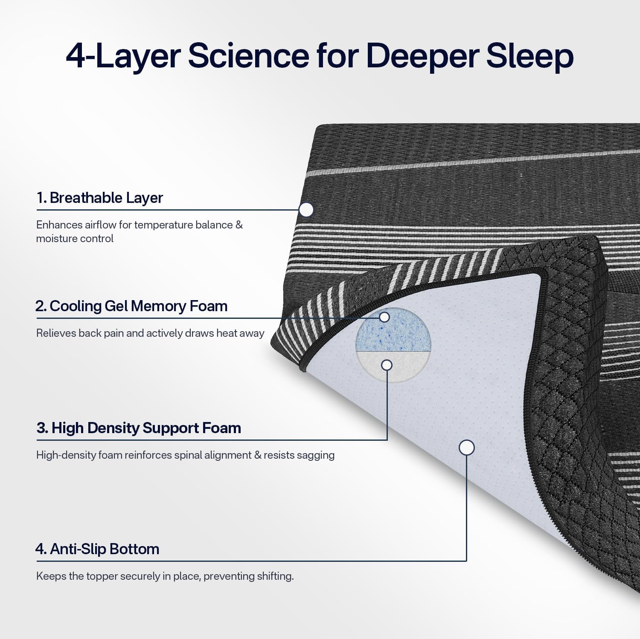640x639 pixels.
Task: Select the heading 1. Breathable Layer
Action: pos(99,198)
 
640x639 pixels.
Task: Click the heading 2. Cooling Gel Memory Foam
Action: pos(131,306)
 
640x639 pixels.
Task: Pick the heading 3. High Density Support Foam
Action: pos(139,428)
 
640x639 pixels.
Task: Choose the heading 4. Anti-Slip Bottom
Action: pos(97,549)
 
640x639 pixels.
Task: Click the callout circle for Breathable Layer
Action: pos(306,209)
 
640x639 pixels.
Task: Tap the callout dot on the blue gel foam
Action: pos(384,317)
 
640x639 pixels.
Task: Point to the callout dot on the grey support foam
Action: pos(387,365)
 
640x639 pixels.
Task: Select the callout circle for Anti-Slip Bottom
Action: pos(466,448)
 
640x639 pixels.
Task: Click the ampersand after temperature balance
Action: pos(239,225)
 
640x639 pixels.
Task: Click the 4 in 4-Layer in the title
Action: pos(76,56)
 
